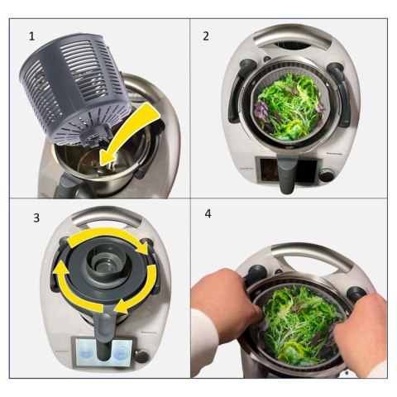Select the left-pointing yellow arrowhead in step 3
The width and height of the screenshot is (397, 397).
point(118,308)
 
